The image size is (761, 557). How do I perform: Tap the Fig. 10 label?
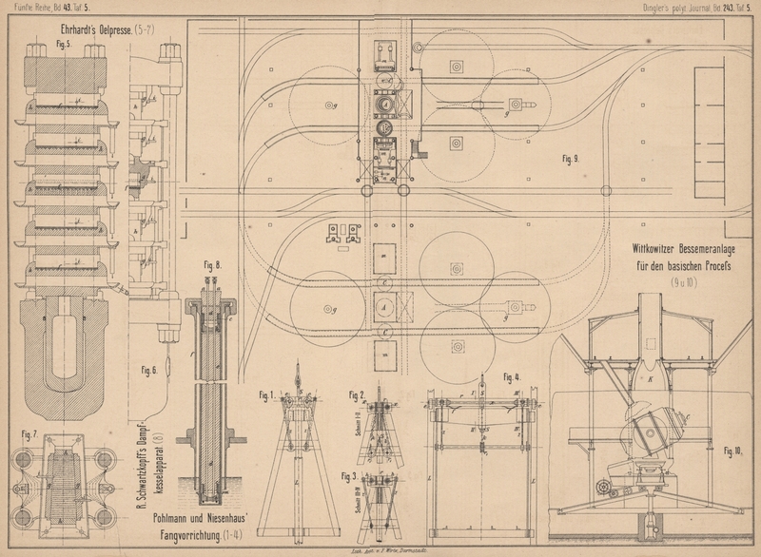[x=733, y=450]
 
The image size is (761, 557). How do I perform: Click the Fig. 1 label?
[x=267, y=394]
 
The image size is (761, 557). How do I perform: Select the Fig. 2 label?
[x=357, y=394]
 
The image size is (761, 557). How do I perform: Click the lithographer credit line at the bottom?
[x=380, y=550]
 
